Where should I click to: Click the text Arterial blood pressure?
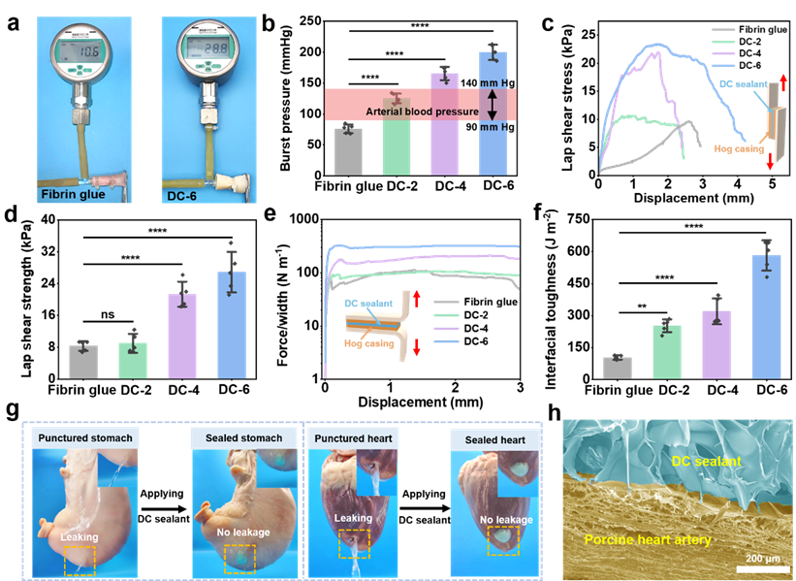coord(422,113)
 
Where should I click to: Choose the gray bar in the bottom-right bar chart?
coord(617,368)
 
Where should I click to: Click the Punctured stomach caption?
coord(85,438)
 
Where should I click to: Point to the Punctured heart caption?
coord(353,438)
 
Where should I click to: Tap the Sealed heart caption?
coord(494,439)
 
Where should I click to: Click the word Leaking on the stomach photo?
coord(79,535)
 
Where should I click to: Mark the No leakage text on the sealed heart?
coord(506,520)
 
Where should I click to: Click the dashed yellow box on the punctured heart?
coord(354,543)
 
